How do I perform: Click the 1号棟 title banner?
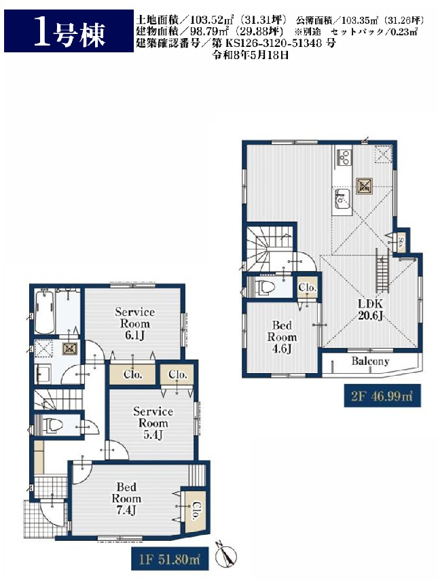(x=69, y=31)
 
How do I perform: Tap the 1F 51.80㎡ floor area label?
(x=170, y=559)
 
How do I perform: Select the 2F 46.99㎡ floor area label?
(x=382, y=396)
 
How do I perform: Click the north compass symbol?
(x=226, y=556)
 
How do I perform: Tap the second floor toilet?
(x=263, y=287)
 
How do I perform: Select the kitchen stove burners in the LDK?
(x=344, y=157)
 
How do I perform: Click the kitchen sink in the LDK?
(x=343, y=199)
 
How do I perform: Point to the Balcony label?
(x=370, y=362)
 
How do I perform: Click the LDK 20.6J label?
(x=370, y=310)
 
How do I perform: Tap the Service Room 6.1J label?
(x=134, y=323)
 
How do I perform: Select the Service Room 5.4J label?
(x=153, y=423)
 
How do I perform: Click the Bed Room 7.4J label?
(x=126, y=498)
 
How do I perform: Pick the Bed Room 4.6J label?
(x=282, y=337)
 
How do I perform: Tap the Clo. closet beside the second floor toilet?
(x=308, y=287)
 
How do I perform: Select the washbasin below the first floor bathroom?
(x=43, y=374)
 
